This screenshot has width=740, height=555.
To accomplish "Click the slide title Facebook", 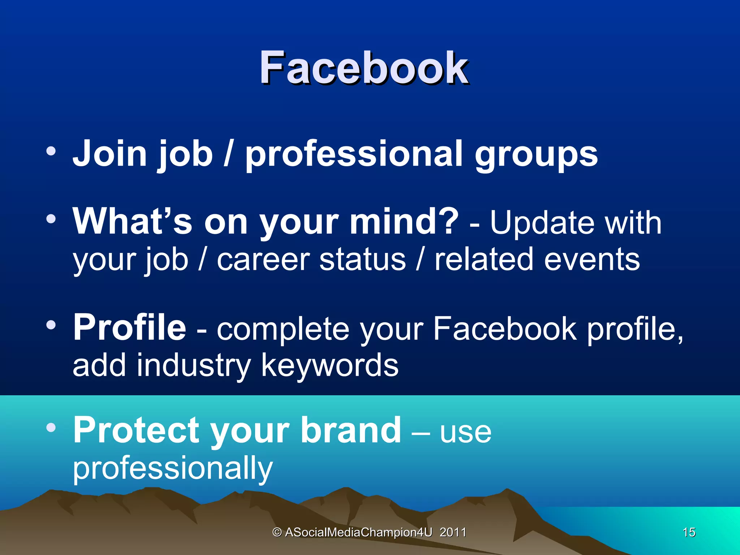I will (363, 68).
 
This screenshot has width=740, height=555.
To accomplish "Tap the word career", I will (263, 259).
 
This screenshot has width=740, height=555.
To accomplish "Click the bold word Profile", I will (130, 327).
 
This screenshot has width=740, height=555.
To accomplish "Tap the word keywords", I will (330, 366).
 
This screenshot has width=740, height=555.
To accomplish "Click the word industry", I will (194, 366).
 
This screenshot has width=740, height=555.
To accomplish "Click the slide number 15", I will (689, 532).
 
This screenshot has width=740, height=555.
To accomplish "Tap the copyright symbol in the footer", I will (277, 532).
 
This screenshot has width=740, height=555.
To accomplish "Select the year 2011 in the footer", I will (453, 532).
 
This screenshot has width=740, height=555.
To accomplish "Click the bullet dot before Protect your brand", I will (51, 427).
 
